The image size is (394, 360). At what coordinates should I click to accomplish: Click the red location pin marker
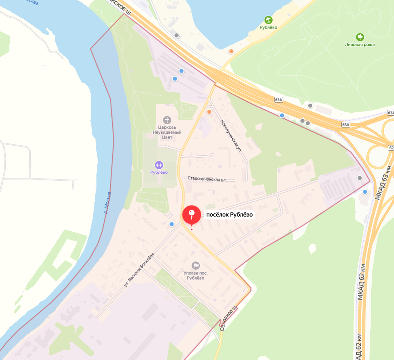(x=191, y=215)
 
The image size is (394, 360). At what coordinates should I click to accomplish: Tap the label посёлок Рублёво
(x=229, y=215)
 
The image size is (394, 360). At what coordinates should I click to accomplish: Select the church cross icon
(x=167, y=120)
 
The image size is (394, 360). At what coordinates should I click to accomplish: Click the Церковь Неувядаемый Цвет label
(x=167, y=132)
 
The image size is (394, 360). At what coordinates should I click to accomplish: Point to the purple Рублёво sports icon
(x=159, y=165)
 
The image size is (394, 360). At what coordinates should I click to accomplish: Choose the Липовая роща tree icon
(x=360, y=37)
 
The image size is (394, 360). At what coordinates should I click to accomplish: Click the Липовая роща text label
(x=360, y=45)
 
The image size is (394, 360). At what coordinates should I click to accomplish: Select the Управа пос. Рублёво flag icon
(x=196, y=266)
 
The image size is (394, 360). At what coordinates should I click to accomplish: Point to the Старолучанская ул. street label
(x=207, y=179)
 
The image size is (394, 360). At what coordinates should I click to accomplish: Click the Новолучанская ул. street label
(x=231, y=136)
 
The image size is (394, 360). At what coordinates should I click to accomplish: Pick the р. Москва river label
(x=107, y=203)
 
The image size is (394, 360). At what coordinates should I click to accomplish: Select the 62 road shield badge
(x=391, y=148)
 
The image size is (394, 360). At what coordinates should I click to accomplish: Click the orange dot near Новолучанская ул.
(x=209, y=112)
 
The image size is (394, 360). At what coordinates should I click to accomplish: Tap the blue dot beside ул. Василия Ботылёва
(x=171, y=224)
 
